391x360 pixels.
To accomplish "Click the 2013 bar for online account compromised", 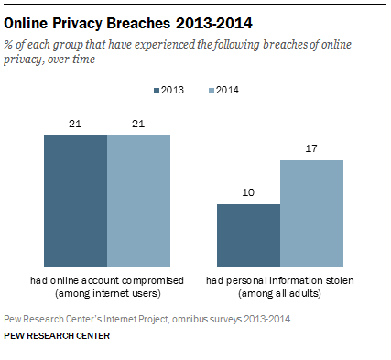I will pos(76,200).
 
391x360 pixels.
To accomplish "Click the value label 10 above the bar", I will pos(248,192).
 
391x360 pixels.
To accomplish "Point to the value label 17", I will pos(311,148).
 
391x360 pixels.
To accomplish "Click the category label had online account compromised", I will pos(107,278).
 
